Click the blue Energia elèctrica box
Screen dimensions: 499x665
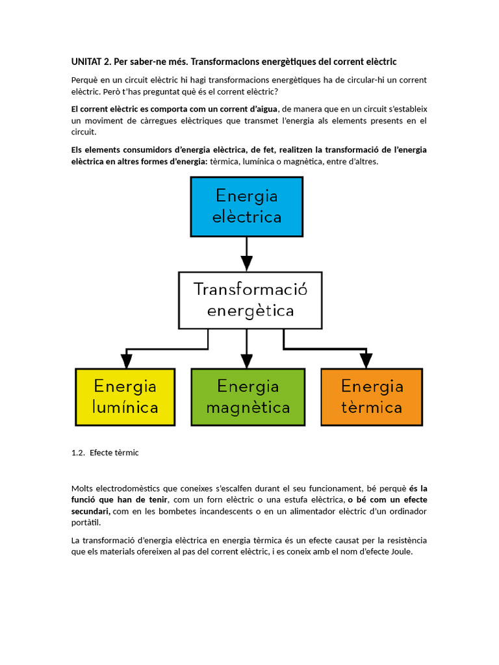pos(246,207)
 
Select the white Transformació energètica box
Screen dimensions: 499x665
pos(250,300)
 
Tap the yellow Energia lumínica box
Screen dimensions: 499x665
pos(125,397)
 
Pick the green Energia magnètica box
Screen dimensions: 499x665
pos(248,397)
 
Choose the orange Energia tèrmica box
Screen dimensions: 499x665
pos(372,397)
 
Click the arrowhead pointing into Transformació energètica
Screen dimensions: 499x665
pos(246,263)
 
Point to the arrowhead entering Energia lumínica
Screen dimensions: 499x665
pos(125,360)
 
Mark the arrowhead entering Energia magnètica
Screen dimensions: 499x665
pos(246,360)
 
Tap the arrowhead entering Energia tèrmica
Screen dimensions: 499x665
pos(366,360)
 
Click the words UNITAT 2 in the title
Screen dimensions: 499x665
pos(90,62)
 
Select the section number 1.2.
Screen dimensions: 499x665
pos(78,453)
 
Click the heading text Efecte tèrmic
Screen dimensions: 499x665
pos(114,453)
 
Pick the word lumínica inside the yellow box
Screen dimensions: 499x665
pos(125,408)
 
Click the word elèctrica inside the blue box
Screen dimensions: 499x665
pos(247,217)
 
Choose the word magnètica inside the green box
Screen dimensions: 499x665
pos(248,408)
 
